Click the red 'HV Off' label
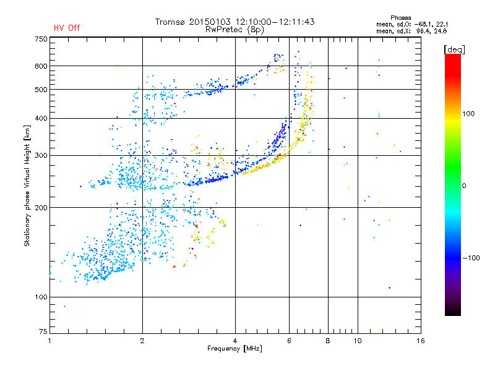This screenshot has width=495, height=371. point(67,28)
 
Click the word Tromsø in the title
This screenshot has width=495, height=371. point(171,22)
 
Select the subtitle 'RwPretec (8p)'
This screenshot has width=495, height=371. point(235,30)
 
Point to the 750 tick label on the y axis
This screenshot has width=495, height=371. point(41,39)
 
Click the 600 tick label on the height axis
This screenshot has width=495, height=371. point(41,66)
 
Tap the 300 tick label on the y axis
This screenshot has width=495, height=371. point(41,156)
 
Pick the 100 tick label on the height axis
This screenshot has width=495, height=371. point(41,297)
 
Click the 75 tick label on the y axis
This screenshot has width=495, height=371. point(43,331)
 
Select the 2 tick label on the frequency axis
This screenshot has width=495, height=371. point(142,341)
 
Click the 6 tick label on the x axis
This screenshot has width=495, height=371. point(289,341)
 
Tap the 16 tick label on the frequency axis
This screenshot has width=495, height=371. point(421,341)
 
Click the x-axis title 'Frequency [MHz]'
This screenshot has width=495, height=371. point(235,349)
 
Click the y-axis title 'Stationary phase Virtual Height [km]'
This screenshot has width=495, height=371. point(27,185)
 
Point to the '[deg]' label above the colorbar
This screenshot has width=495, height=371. point(454,49)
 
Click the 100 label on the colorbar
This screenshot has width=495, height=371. point(468,114)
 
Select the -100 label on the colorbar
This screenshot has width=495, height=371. point(471,258)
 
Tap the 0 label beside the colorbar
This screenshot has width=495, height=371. point(464,186)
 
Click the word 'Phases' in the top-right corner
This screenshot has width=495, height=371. point(400,18)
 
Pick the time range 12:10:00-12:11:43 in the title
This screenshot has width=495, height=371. point(275,22)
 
